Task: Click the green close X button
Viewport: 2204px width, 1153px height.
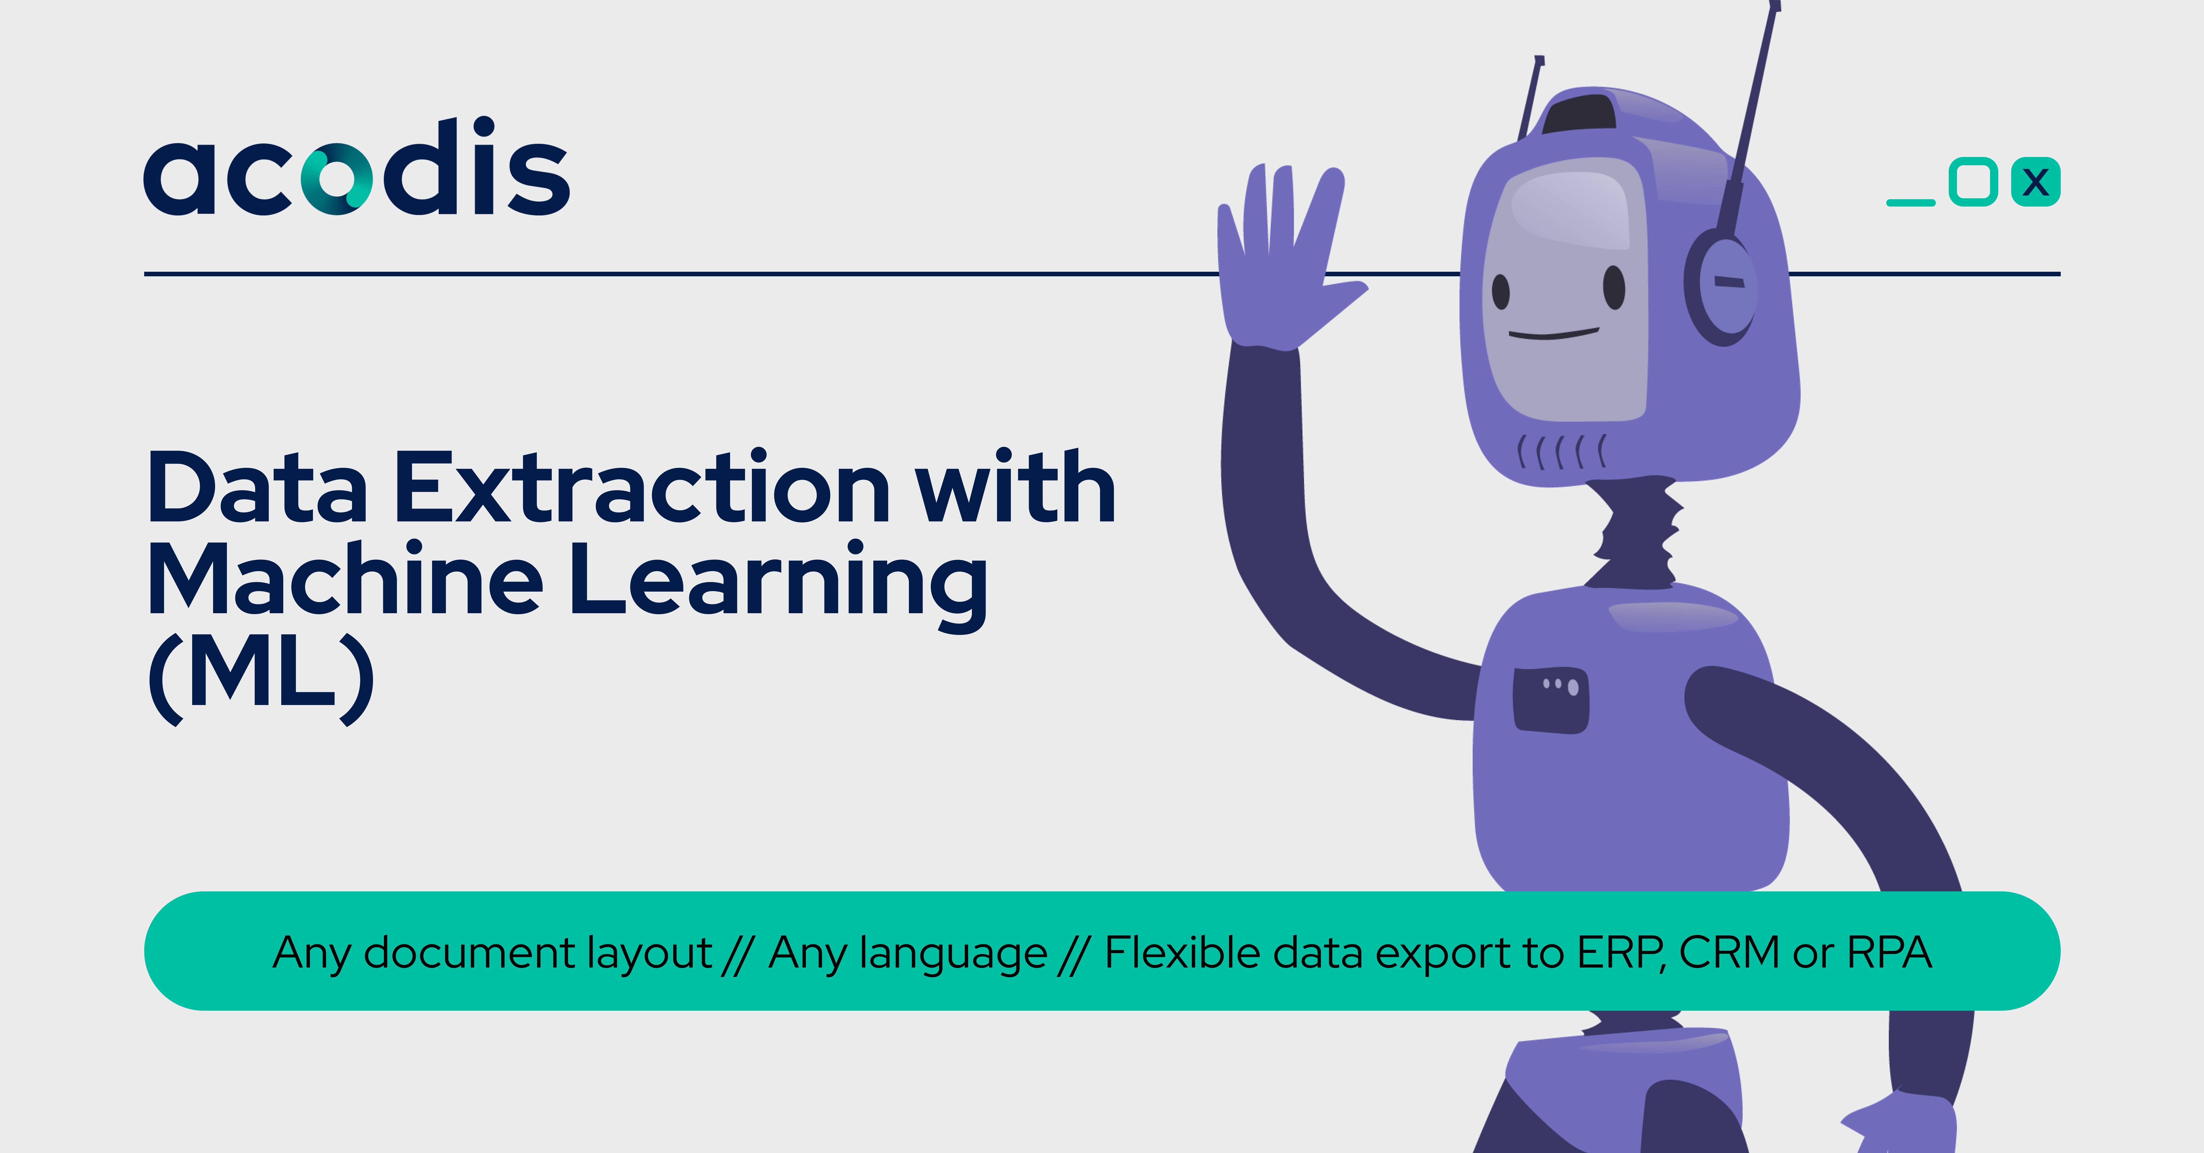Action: point(2035,182)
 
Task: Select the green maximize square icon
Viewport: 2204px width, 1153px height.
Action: point(1973,182)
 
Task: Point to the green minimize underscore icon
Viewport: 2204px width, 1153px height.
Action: point(1911,203)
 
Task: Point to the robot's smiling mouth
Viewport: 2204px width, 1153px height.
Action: point(1553,334)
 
